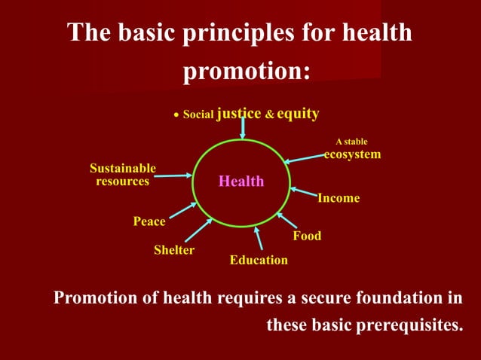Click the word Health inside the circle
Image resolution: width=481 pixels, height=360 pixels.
pos(241,182)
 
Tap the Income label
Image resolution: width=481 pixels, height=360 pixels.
pos(338,198)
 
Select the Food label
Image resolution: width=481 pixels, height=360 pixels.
pos(307,236)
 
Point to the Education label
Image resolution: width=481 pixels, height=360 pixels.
pos(259,260)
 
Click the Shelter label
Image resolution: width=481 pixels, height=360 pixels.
pos(174,250)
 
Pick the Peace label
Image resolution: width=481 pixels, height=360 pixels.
pos(149,221)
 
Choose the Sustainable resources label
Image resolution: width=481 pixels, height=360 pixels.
pos(123,175)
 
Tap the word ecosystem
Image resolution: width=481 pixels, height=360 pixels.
pos(352,154)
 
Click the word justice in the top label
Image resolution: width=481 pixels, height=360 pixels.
pos(239,114)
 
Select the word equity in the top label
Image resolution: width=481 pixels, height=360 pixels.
pos(297,114)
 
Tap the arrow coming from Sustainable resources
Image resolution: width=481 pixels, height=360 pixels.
pos(173,175)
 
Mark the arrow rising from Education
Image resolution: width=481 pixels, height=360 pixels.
pos(259,238)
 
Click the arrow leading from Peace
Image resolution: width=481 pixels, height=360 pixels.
pos(182,210)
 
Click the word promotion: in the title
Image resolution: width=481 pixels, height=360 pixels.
pos(247,71)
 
